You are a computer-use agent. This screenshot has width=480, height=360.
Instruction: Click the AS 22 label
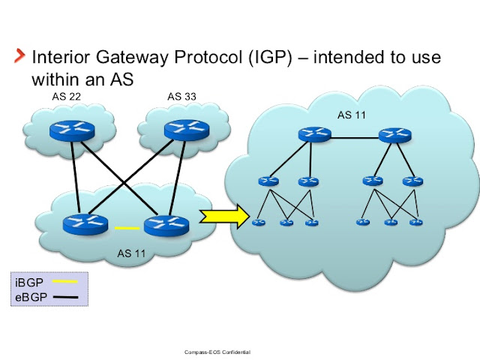coord(67,96)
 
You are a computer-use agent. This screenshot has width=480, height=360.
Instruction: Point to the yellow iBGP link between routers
coord(127,227)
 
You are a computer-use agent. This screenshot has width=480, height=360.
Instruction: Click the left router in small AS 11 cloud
coord(83,223)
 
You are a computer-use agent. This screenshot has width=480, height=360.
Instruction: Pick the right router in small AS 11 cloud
coord(163,223)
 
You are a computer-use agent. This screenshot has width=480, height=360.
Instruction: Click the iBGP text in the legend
coord(29,282)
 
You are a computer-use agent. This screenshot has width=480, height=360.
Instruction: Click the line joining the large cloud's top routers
coord(354,137)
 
